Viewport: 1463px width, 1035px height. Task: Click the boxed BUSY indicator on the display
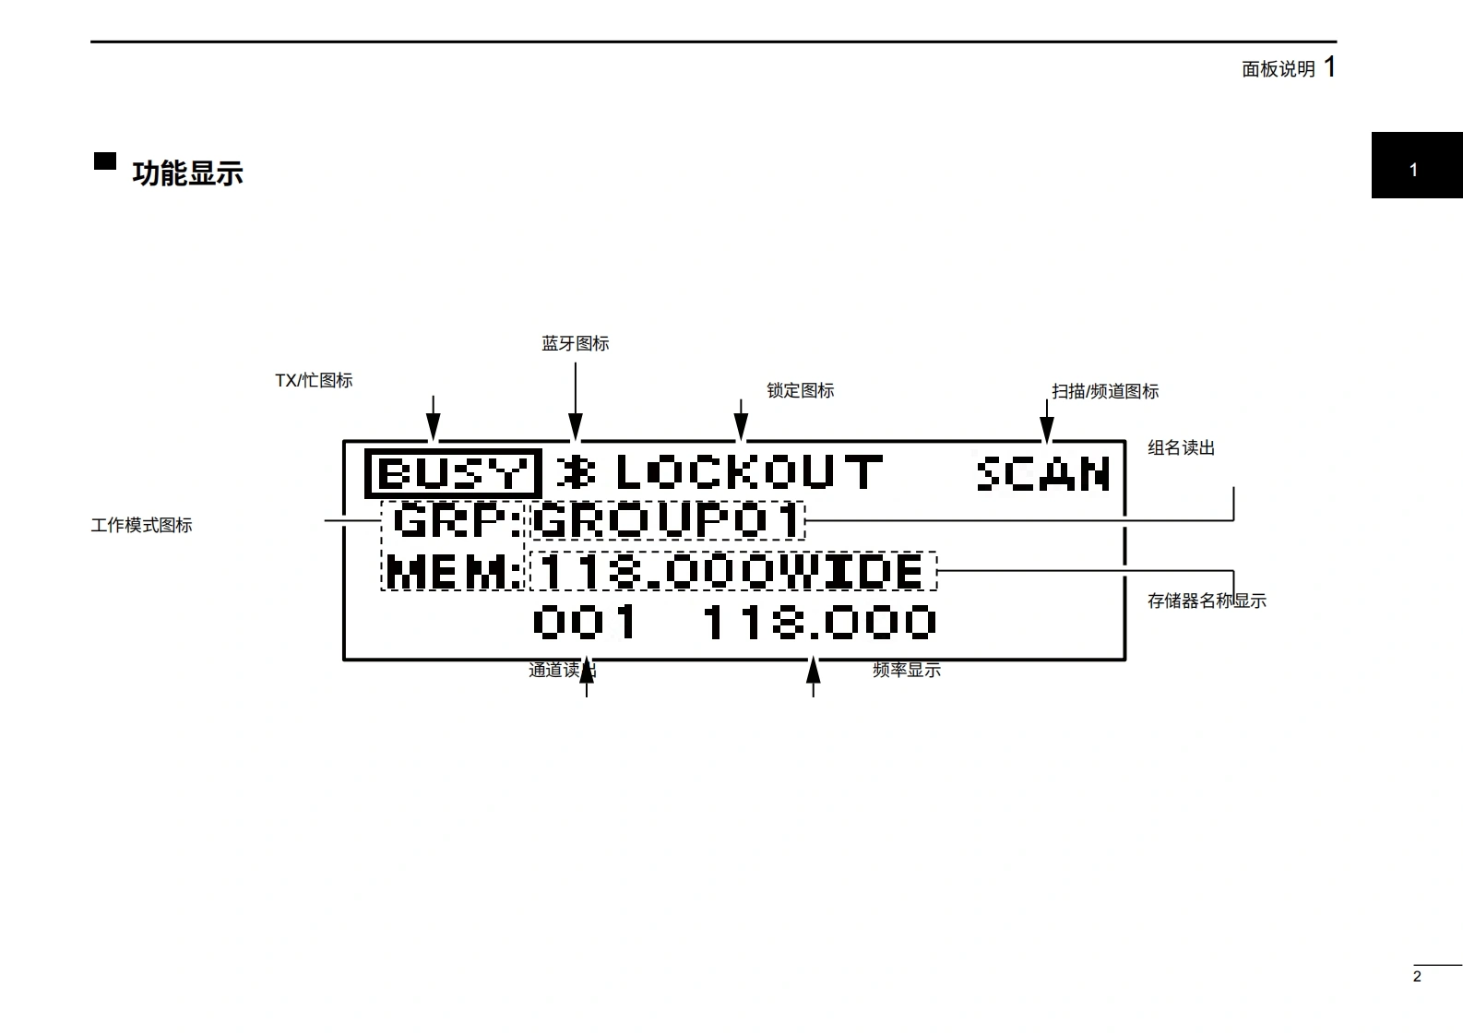tap(452, 474)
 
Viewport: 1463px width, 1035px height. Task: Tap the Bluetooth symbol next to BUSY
tap(577, 472)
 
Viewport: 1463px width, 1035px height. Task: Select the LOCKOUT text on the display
tap(748, 472)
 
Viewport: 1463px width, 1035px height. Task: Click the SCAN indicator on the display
tap(1042, 473)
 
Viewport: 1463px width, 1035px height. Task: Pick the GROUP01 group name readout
tap(667, 521)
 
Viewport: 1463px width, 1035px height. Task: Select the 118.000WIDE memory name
tap(731, 571)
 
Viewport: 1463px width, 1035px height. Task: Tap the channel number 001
tap(586, 623)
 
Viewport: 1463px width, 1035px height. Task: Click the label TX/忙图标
tap(314, 380)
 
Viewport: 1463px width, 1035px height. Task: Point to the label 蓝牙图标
tap(576, 343)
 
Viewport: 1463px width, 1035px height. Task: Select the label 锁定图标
tap(801, 390)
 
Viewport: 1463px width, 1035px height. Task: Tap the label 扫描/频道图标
tap(1105, 391)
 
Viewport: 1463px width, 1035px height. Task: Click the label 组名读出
tap(1181, 447)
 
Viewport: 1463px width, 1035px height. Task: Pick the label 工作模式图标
tap(142, 525)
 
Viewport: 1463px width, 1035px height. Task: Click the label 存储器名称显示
tap(1207, 601)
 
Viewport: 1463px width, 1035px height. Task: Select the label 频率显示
tap(907, 670)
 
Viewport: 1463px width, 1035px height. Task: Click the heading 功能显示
tap(187, 173)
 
